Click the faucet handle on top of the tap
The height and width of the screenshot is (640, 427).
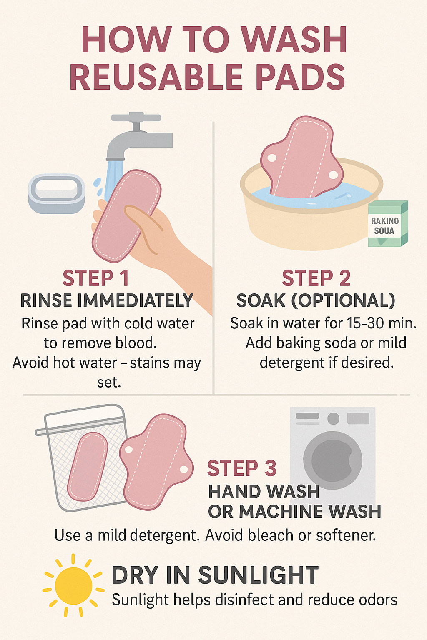click(136, 117)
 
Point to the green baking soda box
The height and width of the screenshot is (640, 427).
click(387, 224)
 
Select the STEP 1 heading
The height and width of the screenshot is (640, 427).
click(95, 278)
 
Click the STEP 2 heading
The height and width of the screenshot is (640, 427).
click(316, 278)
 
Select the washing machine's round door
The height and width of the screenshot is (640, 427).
click(333, 460)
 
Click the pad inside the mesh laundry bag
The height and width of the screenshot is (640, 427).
click(87, 467)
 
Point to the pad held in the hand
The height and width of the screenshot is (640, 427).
click(126, 216)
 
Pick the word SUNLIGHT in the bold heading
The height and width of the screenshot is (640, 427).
click(258, 575)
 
